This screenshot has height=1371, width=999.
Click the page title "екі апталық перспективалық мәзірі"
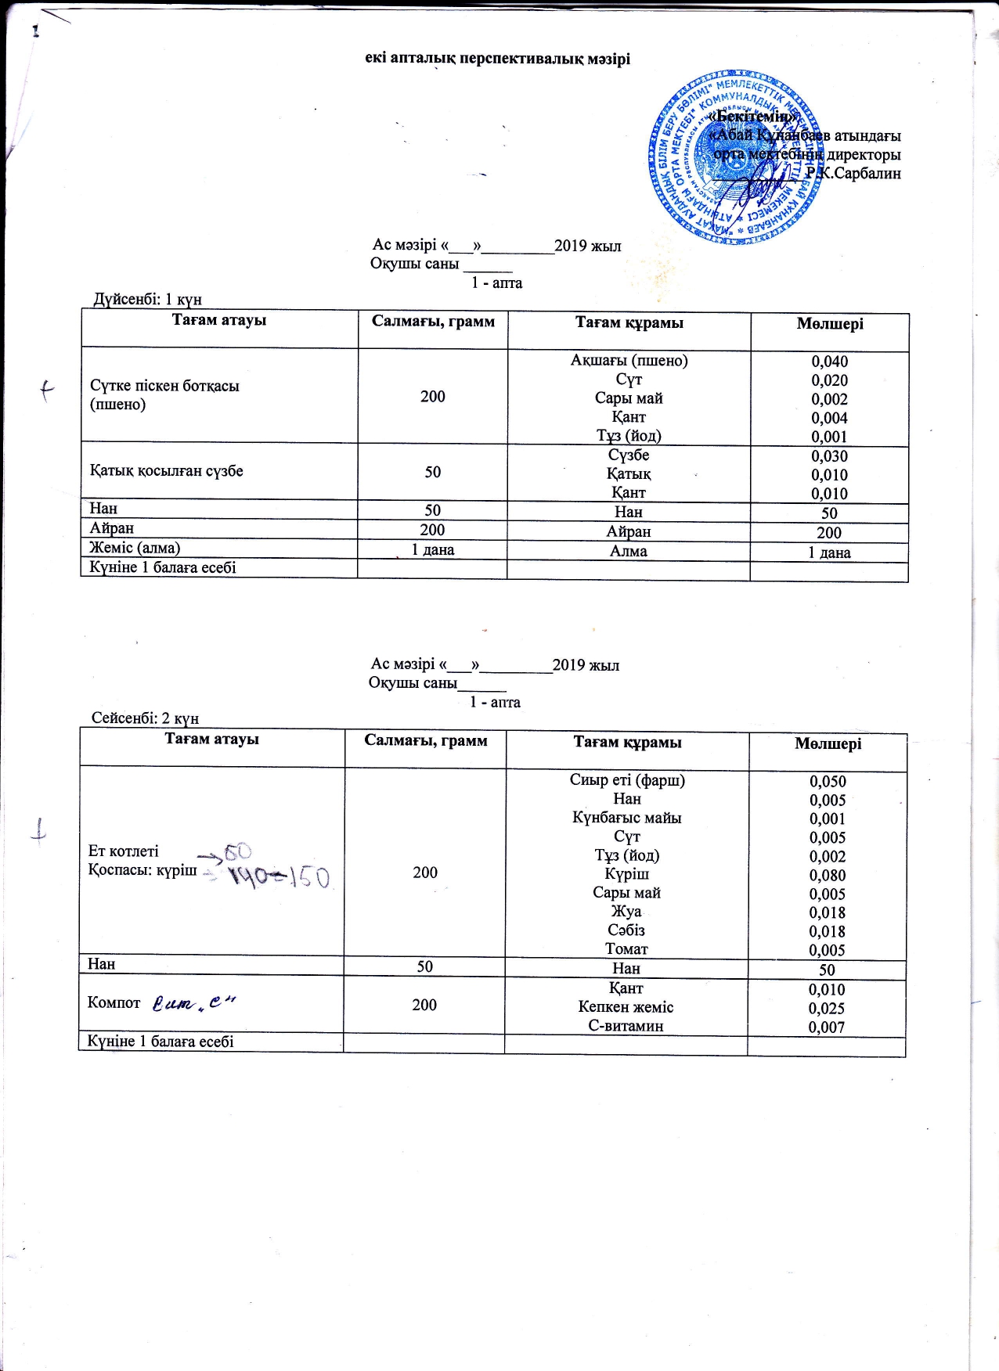pyautogui.click(x=497, y=59)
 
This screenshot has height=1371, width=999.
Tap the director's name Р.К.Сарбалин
pyautogui.click(x=853, y=173)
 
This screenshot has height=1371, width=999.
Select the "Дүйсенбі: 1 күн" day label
pyautogui.click(x=147, y=299)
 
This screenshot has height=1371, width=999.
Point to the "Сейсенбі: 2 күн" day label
pyautogui.click(x=145, y=718)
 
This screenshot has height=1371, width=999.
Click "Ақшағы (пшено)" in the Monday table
pyautogui.click(x=629, y=361)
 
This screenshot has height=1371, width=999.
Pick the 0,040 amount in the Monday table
pyautogui.click(x=829, y=362)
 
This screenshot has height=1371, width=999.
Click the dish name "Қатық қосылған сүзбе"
pyautogui.click(x=166, y=471)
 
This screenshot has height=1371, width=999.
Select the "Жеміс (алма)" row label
pyautogui.click(x=135, y=548)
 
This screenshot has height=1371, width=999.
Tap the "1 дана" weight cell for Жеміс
pyautogui.click(x=433, y=549)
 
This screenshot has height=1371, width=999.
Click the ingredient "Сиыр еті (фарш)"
pyautogui.click(x=627, y=780)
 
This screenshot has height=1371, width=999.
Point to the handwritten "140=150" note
pyautogui.click(x=278, y=876)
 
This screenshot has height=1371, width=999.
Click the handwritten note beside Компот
pyautogui.click(x=193, y=1002)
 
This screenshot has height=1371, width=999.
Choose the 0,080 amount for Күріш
pyautogui.click(x=828, y=875)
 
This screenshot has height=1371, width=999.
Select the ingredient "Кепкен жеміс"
pyautogui.click(x=626, y=1007)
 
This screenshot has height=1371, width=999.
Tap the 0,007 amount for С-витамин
pyautogui.click(x=826, y=1027)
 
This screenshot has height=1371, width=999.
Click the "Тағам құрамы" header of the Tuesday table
pyautogui.click(x=627, y=743)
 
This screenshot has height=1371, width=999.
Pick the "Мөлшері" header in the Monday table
pyautogui.click(x=830, y=324)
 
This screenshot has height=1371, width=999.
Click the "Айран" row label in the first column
pyautogui.click(x=111, y=528)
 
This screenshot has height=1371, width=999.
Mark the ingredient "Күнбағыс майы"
pyautogui.click(x=626, y=818)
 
